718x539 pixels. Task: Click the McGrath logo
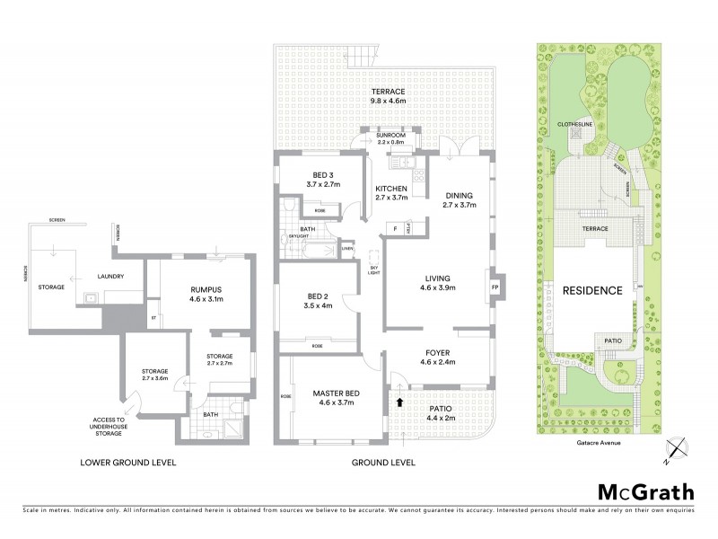pyautogui.click(x=645, y=491)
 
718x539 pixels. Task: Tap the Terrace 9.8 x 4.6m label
pyautogui.click(x=384, y=97)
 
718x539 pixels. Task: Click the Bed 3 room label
pyautogui.click(x=323, y=179)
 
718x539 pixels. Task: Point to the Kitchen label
pyautogui.click(x=391, y=193)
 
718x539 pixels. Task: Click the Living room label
pyautogui.click(x=439, y=283)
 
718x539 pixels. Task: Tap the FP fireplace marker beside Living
pyautogui.click(x=495, y=288)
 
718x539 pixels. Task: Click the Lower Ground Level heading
pyautogui.click(x=128, y=463)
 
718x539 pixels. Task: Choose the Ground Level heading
pyautogui.click(x=384, y=463)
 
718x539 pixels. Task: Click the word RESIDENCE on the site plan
pyautogui.click(x=592, y=291)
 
